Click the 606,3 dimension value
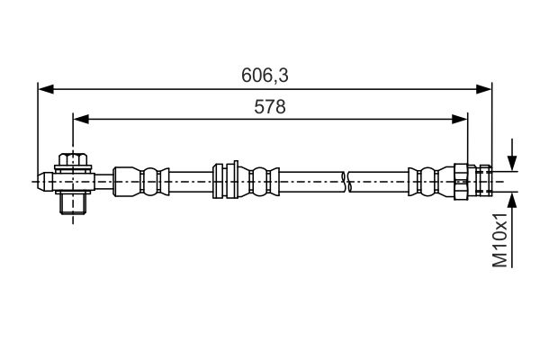265,75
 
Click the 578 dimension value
270,107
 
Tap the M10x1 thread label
499,239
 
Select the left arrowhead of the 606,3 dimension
46,89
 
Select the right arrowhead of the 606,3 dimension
483,89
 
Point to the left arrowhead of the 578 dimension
81,119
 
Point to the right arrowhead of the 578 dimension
460,119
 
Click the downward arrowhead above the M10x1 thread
512,163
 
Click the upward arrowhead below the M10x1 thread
512,201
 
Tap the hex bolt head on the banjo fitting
73,159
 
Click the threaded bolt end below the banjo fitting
73,203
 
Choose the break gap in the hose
346,182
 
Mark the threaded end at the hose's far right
484,181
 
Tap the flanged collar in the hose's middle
226,181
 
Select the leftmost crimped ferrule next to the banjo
141,181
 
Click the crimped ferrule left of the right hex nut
431,182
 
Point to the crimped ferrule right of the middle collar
258,182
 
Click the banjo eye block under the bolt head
74,182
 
